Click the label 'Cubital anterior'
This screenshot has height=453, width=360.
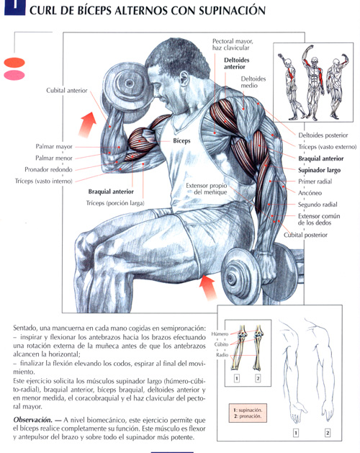67,91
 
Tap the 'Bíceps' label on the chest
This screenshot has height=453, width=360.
181,140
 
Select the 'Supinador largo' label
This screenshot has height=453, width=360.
319,170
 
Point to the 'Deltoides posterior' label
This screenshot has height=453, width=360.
323,135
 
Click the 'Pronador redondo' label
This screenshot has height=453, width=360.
48,169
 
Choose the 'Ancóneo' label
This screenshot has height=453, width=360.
310,193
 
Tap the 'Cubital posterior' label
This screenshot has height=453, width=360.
305,235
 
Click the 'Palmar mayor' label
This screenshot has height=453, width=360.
54,146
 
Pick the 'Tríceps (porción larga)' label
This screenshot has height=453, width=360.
115,203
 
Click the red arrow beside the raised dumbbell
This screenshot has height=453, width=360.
88,124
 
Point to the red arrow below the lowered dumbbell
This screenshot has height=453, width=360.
208,287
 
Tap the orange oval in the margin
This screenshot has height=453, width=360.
14,63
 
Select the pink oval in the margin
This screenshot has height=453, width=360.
14,75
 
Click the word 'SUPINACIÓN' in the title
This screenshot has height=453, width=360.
233,11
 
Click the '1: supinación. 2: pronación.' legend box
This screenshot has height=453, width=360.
248,413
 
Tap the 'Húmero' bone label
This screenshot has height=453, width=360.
220,334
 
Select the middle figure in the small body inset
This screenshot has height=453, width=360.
313,82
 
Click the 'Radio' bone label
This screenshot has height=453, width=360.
222,355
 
